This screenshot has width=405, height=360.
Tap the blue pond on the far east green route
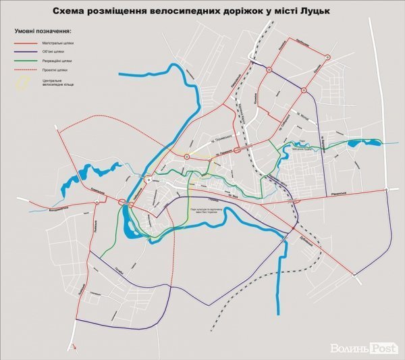(x=352, y=144)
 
